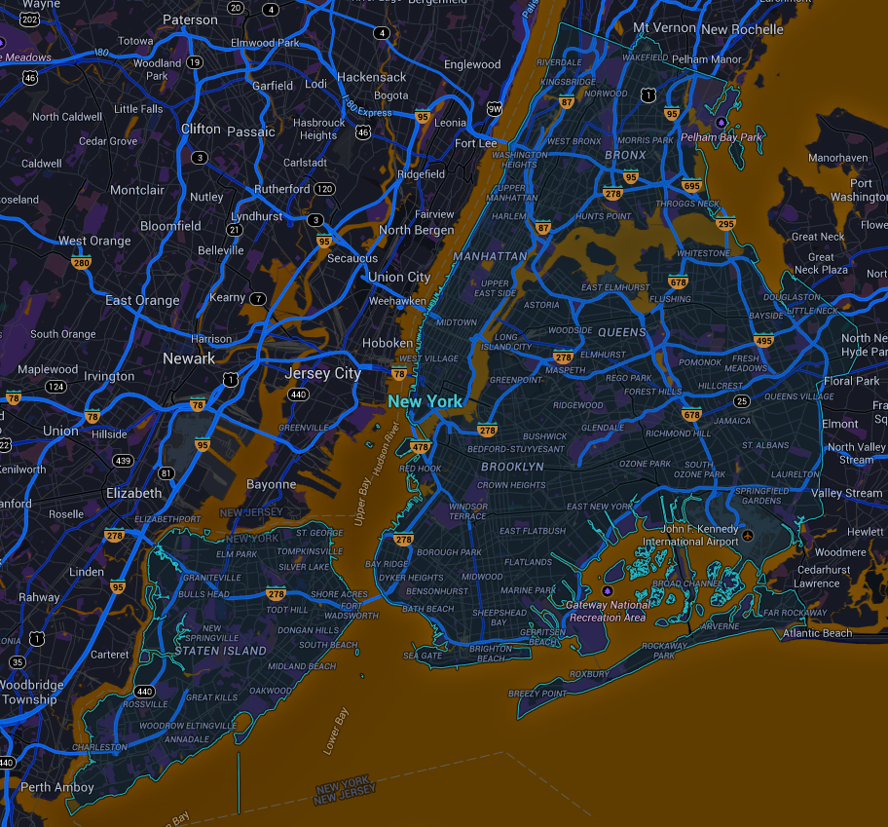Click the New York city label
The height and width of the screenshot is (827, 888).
click(x=425, y=401)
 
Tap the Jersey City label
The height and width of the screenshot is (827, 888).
click(x=322, y=373)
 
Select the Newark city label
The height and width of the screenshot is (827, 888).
click(x=189, y=358)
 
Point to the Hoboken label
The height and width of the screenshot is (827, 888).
click(x=388, y=343)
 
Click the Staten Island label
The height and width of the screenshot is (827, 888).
click(x=225, y=651)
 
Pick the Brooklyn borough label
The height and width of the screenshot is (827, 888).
click(x=512, y=468)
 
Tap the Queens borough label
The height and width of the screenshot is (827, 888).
click(x=622, y=332)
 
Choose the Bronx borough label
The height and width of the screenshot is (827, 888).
click(x=625, y=155)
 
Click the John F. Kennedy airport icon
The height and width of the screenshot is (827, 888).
click(x=747, y=536)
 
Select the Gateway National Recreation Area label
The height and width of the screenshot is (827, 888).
click(x=608, y=611)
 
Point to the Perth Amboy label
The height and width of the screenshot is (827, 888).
click(x=57, y=787)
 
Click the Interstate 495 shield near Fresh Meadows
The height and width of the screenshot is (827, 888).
click(x=763, y=340)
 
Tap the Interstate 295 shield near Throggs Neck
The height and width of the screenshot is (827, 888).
click(x=724, y=223)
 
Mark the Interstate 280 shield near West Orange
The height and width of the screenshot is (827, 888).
click(x=81, y=262)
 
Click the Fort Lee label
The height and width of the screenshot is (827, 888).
click(x=475, y=143)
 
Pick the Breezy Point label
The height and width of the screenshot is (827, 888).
click(x=537, y=694)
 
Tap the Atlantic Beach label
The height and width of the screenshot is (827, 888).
click(x=818, y=633)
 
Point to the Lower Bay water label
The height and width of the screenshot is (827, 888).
click(x=336, y=731)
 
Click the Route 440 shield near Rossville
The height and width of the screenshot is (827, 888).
click(x=145, y=691)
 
